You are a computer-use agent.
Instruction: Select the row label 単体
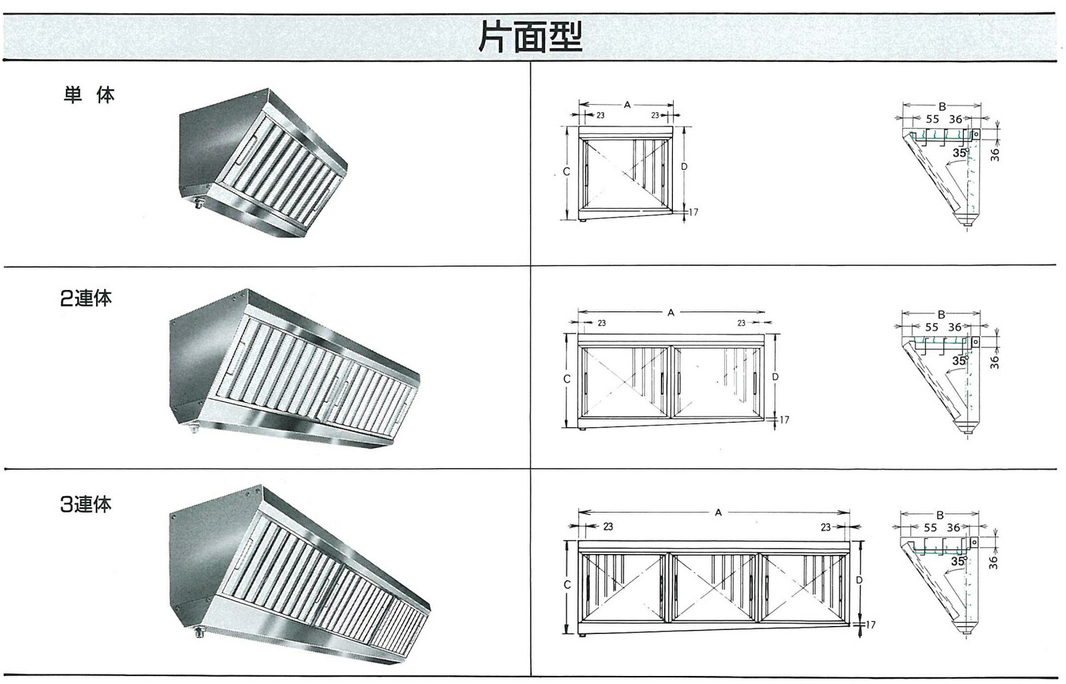click(x=89, y=95)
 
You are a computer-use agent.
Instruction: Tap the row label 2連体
click(x=86, y=298)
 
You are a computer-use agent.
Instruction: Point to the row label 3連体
click(x=86, y=504)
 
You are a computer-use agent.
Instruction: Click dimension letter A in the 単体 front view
click(x=627, y=104)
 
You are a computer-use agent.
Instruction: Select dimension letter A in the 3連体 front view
click(x=718, y=513)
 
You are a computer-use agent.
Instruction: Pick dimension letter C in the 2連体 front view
click(x=567, y=379)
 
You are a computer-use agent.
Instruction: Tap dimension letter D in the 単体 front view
click(x=684, y=167)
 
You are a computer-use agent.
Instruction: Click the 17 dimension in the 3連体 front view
click(x=870, y=625)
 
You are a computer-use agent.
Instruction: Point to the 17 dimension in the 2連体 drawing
click(x=784, y=419)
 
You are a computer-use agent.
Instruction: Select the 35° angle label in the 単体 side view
click(x=960, y=153)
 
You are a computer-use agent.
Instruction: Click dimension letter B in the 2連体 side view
click(x=941, y=315)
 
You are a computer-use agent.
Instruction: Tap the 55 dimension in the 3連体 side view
click(x=930, y=528)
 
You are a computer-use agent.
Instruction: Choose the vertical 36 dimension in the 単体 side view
click(x=995, y=154)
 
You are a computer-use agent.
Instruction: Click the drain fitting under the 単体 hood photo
click(x=199, y=204)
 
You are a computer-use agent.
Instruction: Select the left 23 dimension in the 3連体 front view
click(x=608, y=527)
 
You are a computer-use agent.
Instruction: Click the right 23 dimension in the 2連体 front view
click(x=741, y=323)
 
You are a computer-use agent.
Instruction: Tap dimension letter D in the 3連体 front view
click(x=859, y=580)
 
